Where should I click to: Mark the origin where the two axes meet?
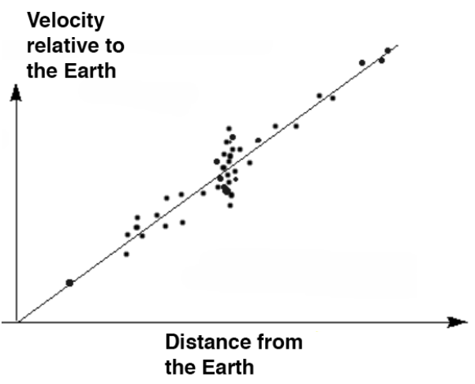(x=16, y=322)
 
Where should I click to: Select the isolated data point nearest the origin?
(x=69, y=282)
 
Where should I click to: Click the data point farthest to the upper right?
(x=387, y=50)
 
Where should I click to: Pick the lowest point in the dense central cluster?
(x=230, y=205)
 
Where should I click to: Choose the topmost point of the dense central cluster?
(x=229, y=128)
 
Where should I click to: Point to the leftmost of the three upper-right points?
(x=362, y=62)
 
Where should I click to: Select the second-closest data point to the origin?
(x=126, y=254)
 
